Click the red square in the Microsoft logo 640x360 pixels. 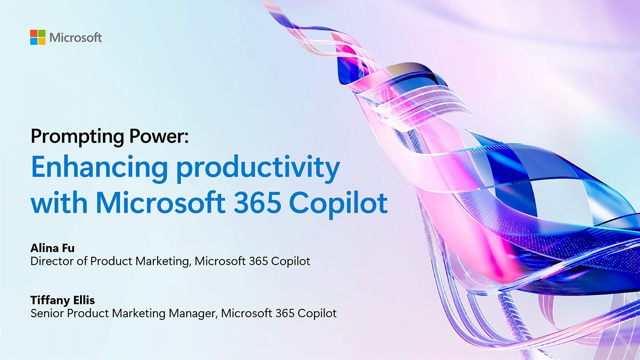[34, 33]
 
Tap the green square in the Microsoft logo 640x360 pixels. [41, 33]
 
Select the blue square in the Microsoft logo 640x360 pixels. [34, 41]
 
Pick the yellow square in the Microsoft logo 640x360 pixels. [41, 41]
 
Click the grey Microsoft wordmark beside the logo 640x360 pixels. [76, 38]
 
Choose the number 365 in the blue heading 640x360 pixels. [257, 203]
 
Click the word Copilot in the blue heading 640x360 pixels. [339, 204]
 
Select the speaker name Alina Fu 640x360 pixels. [53, 248]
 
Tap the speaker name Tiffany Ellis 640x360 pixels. [63, 300]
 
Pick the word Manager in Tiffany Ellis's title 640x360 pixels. [193, 314]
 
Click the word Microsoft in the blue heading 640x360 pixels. [161, 203]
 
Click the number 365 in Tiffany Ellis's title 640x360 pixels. [285, 313]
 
